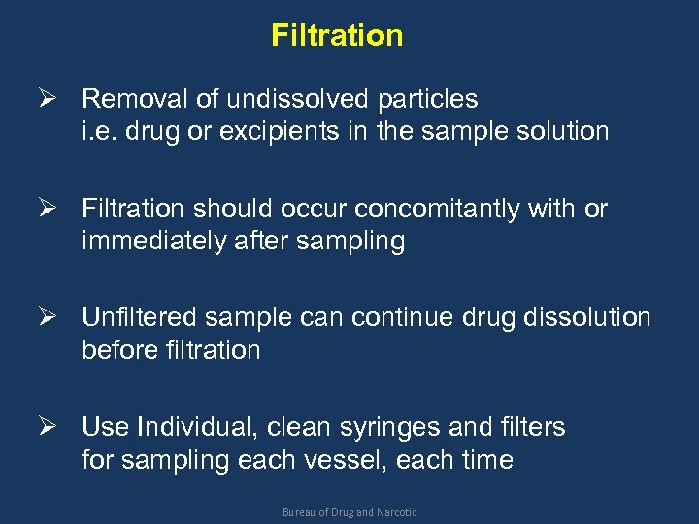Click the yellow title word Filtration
pos(337,36)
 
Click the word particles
pos(428,99)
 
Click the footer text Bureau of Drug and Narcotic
pos(349,511)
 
